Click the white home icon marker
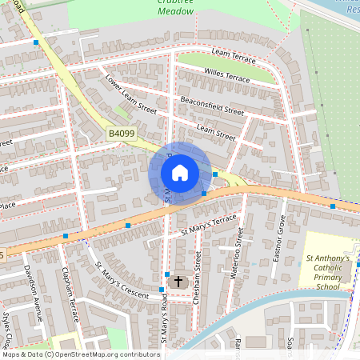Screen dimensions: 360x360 (179, 173)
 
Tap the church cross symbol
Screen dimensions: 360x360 (178, 282)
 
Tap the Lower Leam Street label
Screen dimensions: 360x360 (130, 93)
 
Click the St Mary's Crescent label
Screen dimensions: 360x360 (122, 280)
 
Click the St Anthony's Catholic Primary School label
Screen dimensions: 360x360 (328, 272)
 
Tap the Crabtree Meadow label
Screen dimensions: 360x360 (174, 7)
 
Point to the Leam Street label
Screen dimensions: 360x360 (216, 132)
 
